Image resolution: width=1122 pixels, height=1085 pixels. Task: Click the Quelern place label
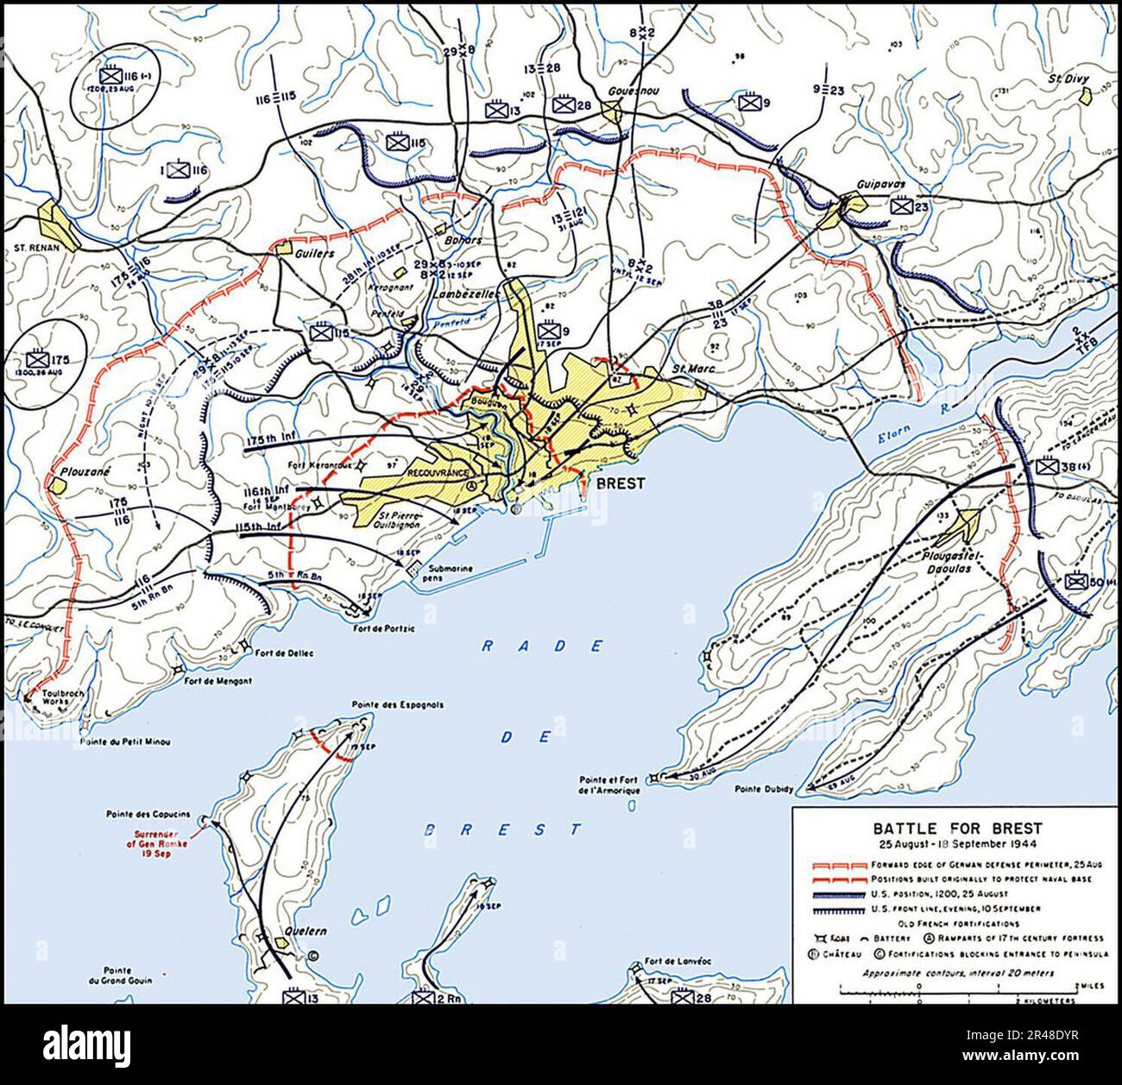click(293, 943)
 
